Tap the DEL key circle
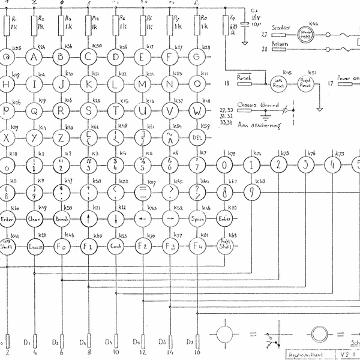197,137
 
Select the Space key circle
197,220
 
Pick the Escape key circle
35,245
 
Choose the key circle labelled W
197,110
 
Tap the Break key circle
62,220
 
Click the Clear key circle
35,220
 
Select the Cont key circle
116,245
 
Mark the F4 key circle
197,245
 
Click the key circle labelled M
143,83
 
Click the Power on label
348,78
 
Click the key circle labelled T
116,110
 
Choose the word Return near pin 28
278,44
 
